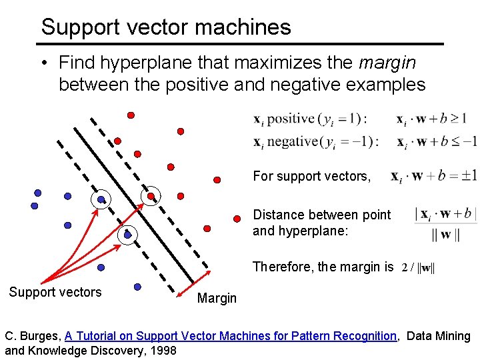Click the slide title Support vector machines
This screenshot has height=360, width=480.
(166, 27)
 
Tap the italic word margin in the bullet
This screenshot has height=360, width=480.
(387, 63)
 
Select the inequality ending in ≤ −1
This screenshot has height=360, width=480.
(437, 141)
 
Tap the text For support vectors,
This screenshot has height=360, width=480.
(311, 177)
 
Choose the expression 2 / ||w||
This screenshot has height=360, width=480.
(418, 267)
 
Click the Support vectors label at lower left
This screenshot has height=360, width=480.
(55, 292)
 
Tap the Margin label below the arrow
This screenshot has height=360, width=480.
(217, 298)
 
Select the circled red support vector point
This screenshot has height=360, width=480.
(151, 195)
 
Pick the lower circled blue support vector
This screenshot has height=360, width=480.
(127, 235)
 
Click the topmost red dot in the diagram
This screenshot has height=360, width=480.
(131, 115)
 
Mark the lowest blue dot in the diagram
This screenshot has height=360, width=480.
(137, 287)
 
